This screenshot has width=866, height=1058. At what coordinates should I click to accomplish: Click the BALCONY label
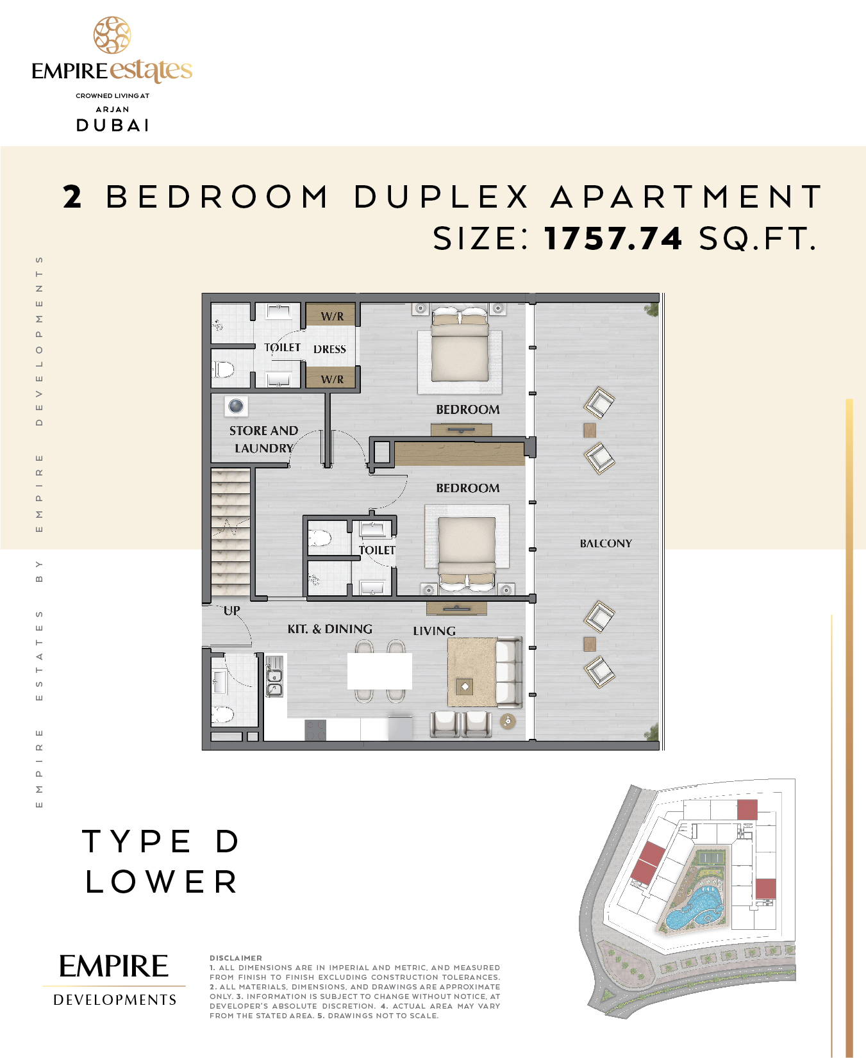pyautogui.click(x=606, y=543)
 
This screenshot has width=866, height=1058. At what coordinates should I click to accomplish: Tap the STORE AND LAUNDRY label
pyautogui.click(x=264, y=440)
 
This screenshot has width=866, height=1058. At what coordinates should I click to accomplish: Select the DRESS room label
pyautogui.click(x=329, y=349)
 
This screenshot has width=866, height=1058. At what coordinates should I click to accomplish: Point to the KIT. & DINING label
pyautogui.click(x=329, y=629)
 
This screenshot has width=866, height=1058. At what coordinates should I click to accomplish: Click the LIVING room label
pyautogui.click(x=434, y=631)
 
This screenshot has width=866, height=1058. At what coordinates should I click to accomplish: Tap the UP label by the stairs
pyautogui.click(x=232, y=611)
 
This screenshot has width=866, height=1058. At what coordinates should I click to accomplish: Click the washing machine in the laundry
pyautogui.click(x=237, y=406)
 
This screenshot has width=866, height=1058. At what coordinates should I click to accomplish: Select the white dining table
pyautogui.click(x=379, y=670)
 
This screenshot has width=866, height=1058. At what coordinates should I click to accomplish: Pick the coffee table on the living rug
pyautogui.click(x=465, y=686)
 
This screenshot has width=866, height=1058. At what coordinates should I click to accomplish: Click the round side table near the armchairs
pyautogui.click(x=508, y=722)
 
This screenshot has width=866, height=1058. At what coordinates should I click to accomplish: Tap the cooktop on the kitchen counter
pyautogui.click(x=315, y=731)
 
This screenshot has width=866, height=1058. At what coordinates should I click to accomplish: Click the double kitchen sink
pyautogui.click(x=274, y=682)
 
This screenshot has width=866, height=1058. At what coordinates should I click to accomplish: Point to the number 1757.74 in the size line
pyautogui.click(x=613, y=238)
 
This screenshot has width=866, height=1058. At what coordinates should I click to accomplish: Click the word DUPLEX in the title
pyautogui.click(x=442, y=197)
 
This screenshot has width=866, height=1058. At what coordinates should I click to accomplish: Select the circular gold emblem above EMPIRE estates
pyautogui.click(x=112, y=35)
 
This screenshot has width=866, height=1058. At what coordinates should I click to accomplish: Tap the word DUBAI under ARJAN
pyautogui.click(x=113, y=126)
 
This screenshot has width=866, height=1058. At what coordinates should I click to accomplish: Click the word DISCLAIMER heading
pyautogui.click(x=236, y=958)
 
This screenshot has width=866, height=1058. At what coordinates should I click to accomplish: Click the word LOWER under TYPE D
pyautogui.click(x=162, y=882)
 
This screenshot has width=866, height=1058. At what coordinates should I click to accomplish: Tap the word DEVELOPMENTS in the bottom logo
pyautogui.click(x=115, y=1000)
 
